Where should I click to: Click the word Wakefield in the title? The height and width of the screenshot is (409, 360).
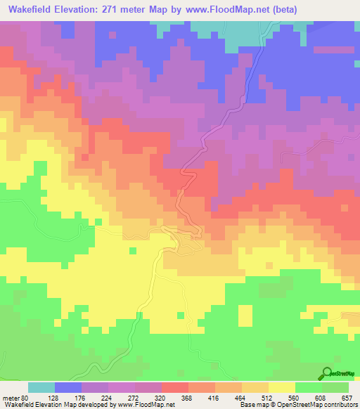pos(32,10)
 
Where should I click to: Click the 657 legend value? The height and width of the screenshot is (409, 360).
pos(347,397)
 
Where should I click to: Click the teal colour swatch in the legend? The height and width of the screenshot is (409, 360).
pos(41,387)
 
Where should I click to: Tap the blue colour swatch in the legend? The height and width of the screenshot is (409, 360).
pos(68,387)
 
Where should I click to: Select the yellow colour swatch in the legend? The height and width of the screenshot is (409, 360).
pos(281,387)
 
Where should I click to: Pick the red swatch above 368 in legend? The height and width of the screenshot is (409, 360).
pos(174,387)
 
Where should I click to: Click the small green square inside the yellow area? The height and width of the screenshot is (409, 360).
pos(131,249)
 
